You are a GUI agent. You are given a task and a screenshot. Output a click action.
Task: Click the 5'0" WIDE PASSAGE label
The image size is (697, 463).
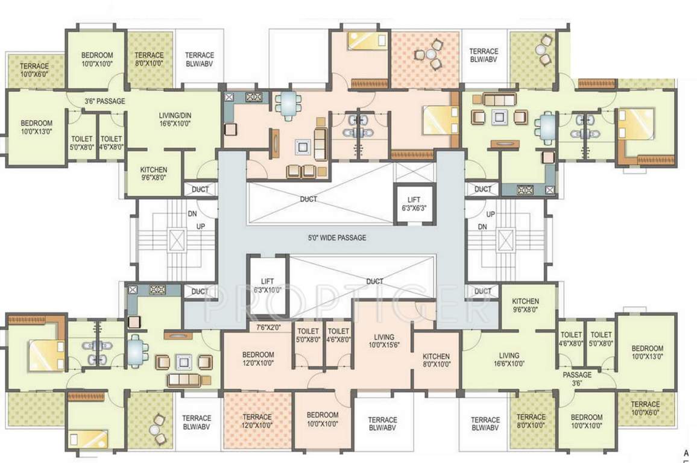(x=338, y=238)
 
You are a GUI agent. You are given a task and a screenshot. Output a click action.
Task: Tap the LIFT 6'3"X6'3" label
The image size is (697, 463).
(x=414, y=204)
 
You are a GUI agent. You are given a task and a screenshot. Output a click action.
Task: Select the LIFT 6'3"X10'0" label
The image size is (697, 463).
(x=267, y=286)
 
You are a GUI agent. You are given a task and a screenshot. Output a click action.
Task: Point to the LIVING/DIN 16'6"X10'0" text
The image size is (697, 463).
(x=175, y=119)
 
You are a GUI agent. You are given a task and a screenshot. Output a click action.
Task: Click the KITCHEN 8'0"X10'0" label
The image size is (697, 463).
(x=436, y=360)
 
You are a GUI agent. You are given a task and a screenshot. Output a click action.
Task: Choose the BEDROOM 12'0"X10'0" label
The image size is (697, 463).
(x=258, y=359)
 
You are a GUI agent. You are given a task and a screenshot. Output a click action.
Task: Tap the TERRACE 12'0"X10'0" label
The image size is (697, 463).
(x=257, y=421)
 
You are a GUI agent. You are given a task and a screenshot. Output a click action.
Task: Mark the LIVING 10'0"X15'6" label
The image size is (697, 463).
(x=383, y=341)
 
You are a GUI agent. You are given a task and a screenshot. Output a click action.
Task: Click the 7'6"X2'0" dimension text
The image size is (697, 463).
(x=269, y=327)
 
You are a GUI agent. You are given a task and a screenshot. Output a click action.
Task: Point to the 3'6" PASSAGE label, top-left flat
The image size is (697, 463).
(x=105, y=101)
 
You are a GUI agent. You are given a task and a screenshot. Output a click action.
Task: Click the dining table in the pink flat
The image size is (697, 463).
(x=288, y=106)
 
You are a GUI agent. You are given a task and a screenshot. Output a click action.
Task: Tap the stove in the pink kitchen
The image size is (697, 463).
(x=254, y=97)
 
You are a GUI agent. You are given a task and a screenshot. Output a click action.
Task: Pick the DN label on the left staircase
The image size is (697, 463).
(x=192, y=214)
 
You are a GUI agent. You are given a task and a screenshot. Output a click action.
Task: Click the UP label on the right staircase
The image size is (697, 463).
(x=490, y=214)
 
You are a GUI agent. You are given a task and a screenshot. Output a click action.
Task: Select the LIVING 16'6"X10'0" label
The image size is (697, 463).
(x=509, y=359)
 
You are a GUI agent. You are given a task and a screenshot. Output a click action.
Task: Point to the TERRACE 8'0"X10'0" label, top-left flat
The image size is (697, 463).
(x=149, y=58)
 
